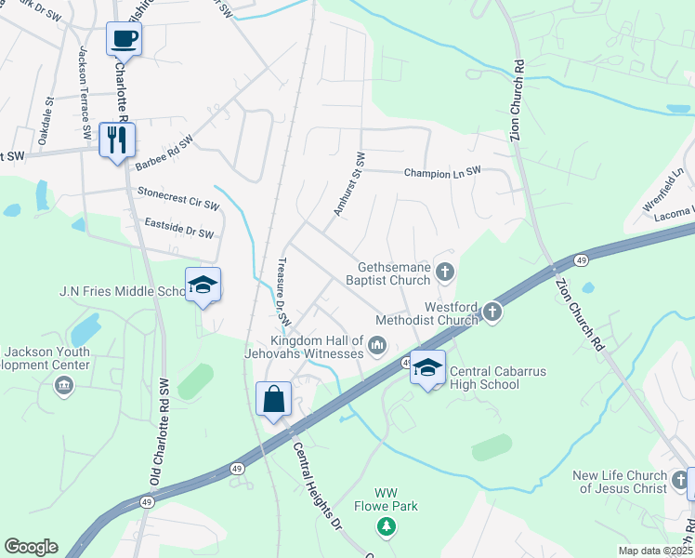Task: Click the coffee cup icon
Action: pyautogui.click(x=124, y=39)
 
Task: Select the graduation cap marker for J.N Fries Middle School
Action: pyautogui.click(x=203, y=286)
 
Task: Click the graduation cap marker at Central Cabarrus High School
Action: pyautogui.click(x=427, y=367)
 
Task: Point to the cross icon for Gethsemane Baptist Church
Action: pyautogui.click(x=445, y=272)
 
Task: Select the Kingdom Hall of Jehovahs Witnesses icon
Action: pyautogui.click(x=377, y=346)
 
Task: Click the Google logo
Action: pyautogui.click(x=31, y=547)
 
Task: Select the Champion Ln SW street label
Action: pyautogui.click(x=442, y=172)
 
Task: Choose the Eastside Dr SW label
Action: pyautogui.click(x=179, y=228)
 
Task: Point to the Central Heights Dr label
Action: pyautogui.click(x=318, y=483)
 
